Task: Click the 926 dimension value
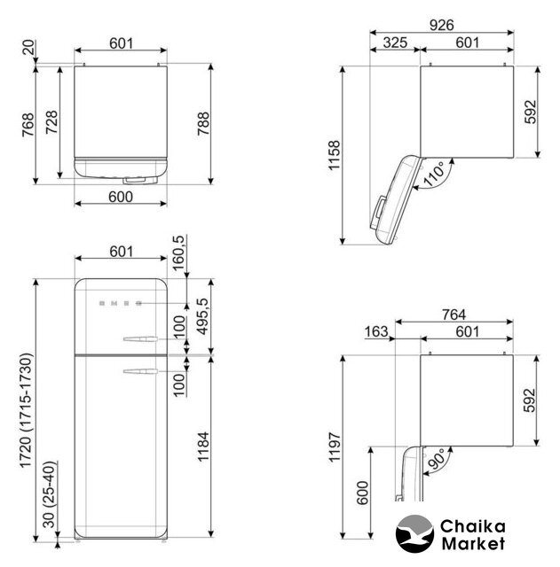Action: (441, 25)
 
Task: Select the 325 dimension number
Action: (395, 43)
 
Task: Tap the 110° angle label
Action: (434, 175)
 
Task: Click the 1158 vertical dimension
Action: (334, 155)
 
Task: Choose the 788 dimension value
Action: (203, 124)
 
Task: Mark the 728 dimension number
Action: (51, 122)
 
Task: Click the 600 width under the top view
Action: (121, 197)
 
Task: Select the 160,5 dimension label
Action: (179, 253)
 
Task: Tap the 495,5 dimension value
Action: (202, 317)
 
